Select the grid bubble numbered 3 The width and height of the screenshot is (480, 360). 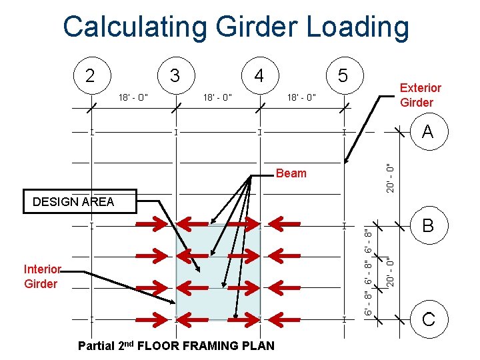coord(175,74)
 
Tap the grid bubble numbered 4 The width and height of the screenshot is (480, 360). coord(259,75)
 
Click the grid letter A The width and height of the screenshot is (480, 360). coord(427,132)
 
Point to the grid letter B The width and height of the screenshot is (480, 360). coord(427,226)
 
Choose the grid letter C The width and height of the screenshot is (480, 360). coord(427,319)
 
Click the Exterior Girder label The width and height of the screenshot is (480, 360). coord(420,95)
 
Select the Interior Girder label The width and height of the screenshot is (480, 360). coord(42,277)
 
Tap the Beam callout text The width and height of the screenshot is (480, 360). coord(291,173)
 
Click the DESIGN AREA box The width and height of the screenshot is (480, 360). coord(73,201)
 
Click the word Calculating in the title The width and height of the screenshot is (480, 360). coord(134,27)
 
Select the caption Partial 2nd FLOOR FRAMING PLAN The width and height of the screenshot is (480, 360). coord(176,345)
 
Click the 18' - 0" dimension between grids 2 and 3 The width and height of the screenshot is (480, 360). coord(133,98)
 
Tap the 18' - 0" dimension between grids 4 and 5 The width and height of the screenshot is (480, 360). coord(301,98)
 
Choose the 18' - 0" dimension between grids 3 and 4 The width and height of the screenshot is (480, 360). coord(217,98)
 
